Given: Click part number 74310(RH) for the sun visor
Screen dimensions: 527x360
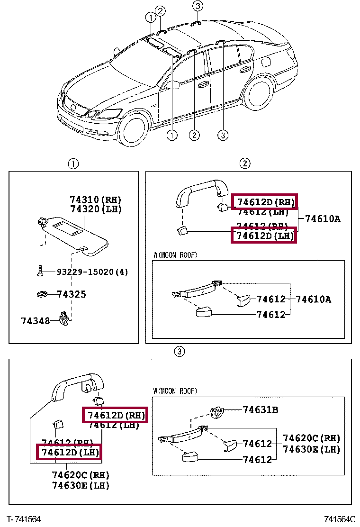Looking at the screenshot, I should tap(95, 200).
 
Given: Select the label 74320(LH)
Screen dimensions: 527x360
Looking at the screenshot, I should tap(95, 209).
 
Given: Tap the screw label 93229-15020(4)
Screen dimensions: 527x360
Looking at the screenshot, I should tap(92, 272).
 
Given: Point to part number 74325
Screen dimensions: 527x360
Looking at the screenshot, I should tap(72, 294).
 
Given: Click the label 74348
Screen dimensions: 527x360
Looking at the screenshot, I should tap(35, 321).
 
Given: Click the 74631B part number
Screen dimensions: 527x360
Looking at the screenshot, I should tap(261, 409).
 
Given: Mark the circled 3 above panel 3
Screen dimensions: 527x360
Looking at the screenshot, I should tap(179, 352).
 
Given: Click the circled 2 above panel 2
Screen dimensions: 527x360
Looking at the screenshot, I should tap(244, 164).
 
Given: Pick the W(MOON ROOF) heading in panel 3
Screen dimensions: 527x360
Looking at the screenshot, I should tap(175, 391).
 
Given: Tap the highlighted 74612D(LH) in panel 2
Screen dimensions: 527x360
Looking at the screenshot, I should tap(263, 235).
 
